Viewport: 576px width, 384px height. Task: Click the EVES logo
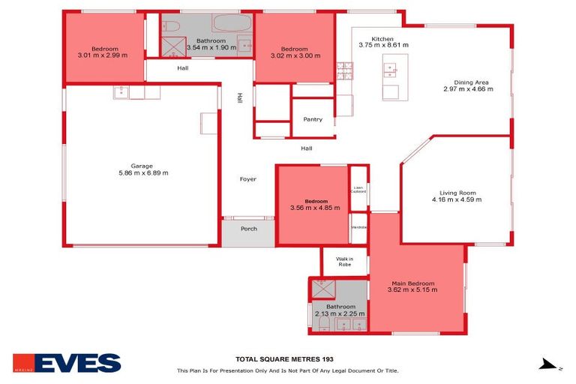click(x=67, y=363)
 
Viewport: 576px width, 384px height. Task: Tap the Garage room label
click(x=142, y=166)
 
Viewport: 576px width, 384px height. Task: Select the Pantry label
click(x=313, y=120)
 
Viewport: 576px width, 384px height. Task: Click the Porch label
click(x=248, y=229)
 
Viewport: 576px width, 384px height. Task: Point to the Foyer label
click(x=248, y=179)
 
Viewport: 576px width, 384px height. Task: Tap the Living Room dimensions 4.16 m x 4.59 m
click(x=456, y=199)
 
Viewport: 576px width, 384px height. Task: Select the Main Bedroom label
click(x=411, y=283)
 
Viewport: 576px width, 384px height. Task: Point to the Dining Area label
click(x=472, y=82)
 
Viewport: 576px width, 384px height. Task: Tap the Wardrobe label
click(x=358, y=227)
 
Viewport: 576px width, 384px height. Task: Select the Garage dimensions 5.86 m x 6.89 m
click(x=143, y=172)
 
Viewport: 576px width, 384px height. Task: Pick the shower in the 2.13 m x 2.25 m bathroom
click(x=323, y=288)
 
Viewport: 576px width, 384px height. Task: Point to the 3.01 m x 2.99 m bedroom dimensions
click(x=103, y=55)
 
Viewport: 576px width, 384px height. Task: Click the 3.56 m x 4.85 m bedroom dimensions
click(x=316, y=208)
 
